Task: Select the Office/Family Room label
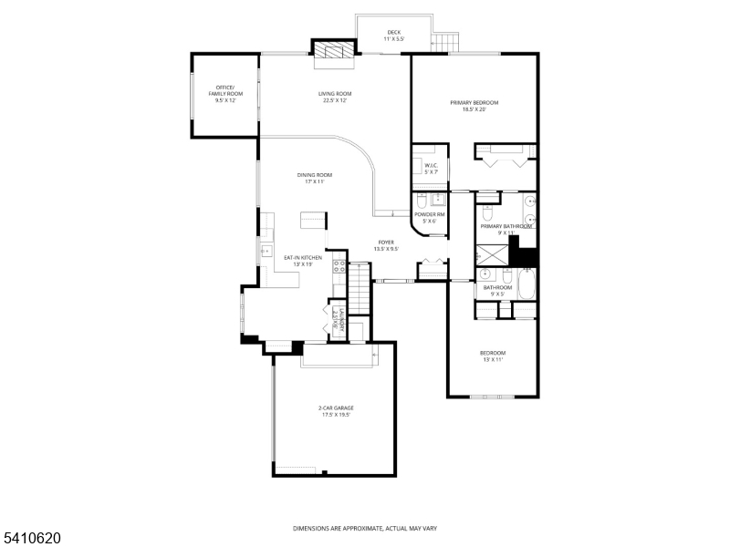224,92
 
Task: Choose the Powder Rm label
426,217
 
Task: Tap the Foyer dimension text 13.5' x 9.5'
386,249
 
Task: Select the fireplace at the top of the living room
333,54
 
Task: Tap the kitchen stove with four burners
339,267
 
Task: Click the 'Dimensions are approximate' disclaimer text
364,528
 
